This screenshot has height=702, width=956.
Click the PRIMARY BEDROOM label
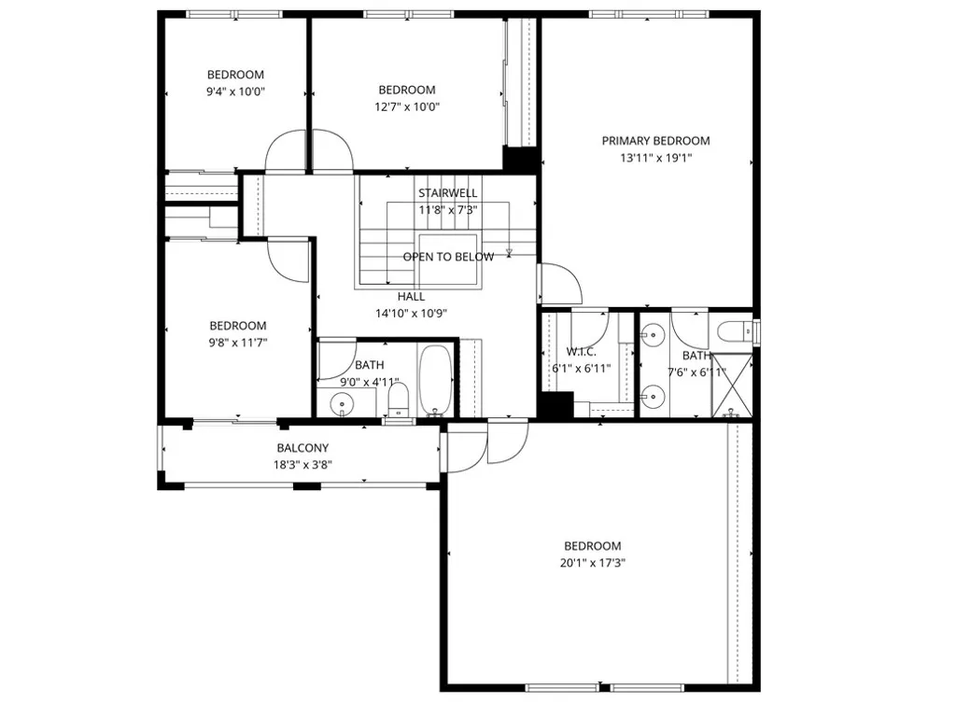click(x=655, y=141)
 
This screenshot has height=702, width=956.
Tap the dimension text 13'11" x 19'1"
click(x=655, y=158)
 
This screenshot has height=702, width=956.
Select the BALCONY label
click(x=302, y=448)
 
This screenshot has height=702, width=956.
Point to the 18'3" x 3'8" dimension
click(x=302, y=465)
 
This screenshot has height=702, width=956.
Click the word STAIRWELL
click(x=447, y=193)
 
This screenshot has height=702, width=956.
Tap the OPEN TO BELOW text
click(x=448, y=257)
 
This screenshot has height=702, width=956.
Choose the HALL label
click(x=411, y=297)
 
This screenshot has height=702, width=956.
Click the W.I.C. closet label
click(x=581, y=352)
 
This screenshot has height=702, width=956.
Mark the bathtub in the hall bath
click(x=435, y=381)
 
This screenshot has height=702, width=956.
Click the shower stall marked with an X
click(x=735, y=386)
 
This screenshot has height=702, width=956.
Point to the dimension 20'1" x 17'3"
click(x=593, y=563)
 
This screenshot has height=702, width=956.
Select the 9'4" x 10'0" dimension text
click(x=235, y=91)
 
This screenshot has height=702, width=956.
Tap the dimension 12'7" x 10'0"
click(x=407, y=106)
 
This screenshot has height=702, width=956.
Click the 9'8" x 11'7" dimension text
click(x=237, y=343)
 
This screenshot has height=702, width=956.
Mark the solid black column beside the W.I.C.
click(x=557, y=405)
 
